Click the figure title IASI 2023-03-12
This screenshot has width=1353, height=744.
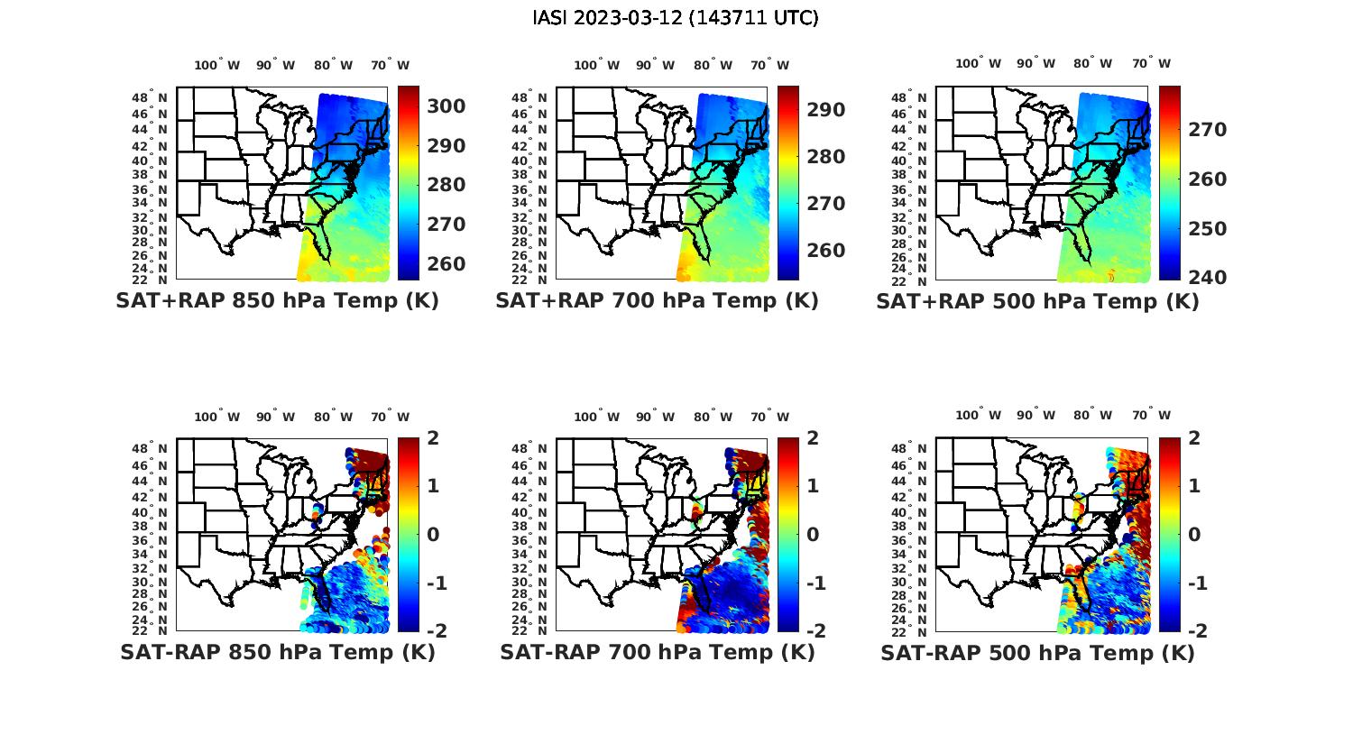pos(676,18)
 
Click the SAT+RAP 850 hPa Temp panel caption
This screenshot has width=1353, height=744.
pos(277,301)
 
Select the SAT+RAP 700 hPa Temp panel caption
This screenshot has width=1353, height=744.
pos(657,301)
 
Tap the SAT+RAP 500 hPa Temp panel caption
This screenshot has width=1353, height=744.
pos(1037,302)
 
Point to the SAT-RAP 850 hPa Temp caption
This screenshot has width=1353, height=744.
pos(277,652)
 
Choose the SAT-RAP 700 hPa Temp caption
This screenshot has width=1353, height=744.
pos(657,652)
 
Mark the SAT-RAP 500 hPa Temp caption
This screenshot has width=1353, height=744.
pos(1037,653)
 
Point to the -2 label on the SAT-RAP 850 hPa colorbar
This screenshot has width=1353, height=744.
pos(437,630)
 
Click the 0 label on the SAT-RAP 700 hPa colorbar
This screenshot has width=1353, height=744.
pos(813,534)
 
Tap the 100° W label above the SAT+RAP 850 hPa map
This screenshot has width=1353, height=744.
pos(216,65)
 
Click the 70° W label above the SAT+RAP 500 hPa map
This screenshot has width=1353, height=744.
pos(1151,63)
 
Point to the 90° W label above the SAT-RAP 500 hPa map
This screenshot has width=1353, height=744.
pos(1034,416)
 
